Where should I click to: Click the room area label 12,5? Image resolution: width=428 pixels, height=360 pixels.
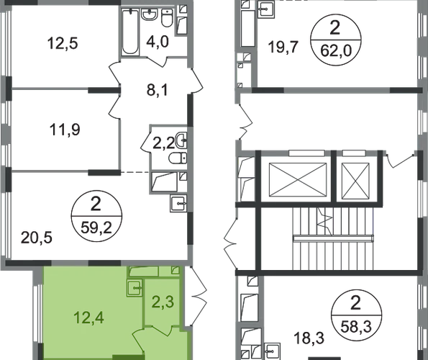click(x=63, y=43)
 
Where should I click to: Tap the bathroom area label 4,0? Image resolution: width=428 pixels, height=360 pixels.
click(x=158, y=42)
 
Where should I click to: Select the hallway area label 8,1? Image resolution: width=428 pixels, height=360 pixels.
click(x=158, y=90)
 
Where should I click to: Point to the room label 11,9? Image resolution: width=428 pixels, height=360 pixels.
click(x=65, y=130)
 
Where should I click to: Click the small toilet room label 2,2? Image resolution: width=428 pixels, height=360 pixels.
click(x=163, y=143)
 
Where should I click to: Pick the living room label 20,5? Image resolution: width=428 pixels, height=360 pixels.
click(x=36, y=238)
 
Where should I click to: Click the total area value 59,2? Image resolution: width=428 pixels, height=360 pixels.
click(x=96, y=228)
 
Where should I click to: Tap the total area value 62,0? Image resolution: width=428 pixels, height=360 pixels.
click(x=336, y=51)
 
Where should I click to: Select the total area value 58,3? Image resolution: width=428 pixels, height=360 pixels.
click(x=356, y=326)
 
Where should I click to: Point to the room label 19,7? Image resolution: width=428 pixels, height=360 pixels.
click(x=283, y=47)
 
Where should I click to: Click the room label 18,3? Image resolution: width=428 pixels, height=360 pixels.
click(x=309, y=338)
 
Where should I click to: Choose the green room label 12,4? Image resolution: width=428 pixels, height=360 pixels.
click(x=89, y=318)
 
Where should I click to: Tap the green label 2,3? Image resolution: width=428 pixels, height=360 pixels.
click(x=163, y=302)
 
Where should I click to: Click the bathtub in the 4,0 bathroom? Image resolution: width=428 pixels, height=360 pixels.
click(x=129, y=32)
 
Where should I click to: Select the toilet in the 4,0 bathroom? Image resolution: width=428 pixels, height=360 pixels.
click(x=167, y=18)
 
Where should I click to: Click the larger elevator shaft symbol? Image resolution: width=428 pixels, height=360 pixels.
click(x=298, y=179)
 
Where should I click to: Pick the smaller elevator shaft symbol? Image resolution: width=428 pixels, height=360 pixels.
click(x=355, y=181)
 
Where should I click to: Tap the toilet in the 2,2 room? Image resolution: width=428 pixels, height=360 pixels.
click(x=178, y=158)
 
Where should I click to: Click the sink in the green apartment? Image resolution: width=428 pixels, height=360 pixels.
click(x=135, y=287)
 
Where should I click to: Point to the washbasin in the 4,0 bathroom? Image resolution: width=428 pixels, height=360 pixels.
click(x=149, y=14)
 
